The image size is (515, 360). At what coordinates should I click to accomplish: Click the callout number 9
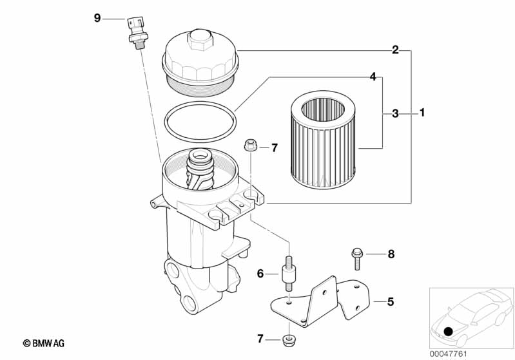point(97,18)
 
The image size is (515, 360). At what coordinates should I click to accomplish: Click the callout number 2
point(395,50)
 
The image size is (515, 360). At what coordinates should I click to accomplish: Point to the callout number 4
point(373,77)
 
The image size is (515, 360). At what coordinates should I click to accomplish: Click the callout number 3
point(395,114)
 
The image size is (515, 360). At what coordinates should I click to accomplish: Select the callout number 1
point(422,114)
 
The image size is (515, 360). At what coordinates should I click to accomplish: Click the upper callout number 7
point(274,148)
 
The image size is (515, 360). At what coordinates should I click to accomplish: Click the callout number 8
point(390,254)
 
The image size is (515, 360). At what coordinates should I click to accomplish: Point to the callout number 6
point(260,274)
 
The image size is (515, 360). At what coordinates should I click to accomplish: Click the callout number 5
point(390,301)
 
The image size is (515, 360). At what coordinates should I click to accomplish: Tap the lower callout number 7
point(260,339)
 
